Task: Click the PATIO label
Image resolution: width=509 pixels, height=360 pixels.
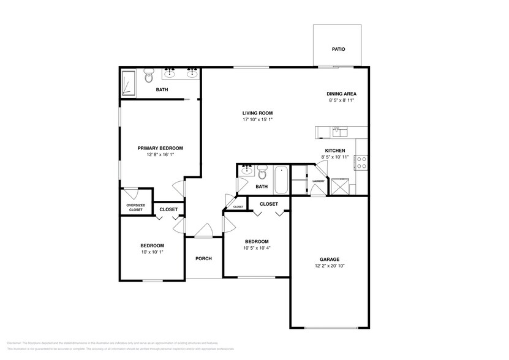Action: tap(338, 49)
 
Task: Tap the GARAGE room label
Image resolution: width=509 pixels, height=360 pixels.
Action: tap(329, 259)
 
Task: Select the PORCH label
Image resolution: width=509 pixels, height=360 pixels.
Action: tap(203, 258)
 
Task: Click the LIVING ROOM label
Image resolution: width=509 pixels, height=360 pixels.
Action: tap(257, 113)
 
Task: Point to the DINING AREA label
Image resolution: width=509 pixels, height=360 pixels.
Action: tap(341, 94)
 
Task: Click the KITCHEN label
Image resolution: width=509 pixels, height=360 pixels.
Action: tap(334, 151)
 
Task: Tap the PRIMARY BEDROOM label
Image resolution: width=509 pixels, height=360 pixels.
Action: tap(160, 148)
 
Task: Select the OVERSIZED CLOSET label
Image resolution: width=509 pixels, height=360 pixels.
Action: tap(135, 208)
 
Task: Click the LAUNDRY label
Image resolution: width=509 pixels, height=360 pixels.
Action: tap(318, 181)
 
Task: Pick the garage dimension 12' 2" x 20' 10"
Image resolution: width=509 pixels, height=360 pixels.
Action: tap(329, 266)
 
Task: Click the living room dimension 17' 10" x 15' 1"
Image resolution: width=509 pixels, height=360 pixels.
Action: tap(257, 120)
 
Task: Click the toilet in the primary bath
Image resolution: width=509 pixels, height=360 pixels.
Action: tap(148, 76)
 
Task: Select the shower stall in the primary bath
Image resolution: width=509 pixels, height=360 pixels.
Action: tap(129, 83)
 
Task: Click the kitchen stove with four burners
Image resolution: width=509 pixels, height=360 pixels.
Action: tap(361, 162)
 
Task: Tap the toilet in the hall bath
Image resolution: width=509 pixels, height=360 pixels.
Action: tap(262, 171)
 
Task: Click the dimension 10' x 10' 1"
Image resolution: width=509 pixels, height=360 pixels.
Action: tap(153, 252)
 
